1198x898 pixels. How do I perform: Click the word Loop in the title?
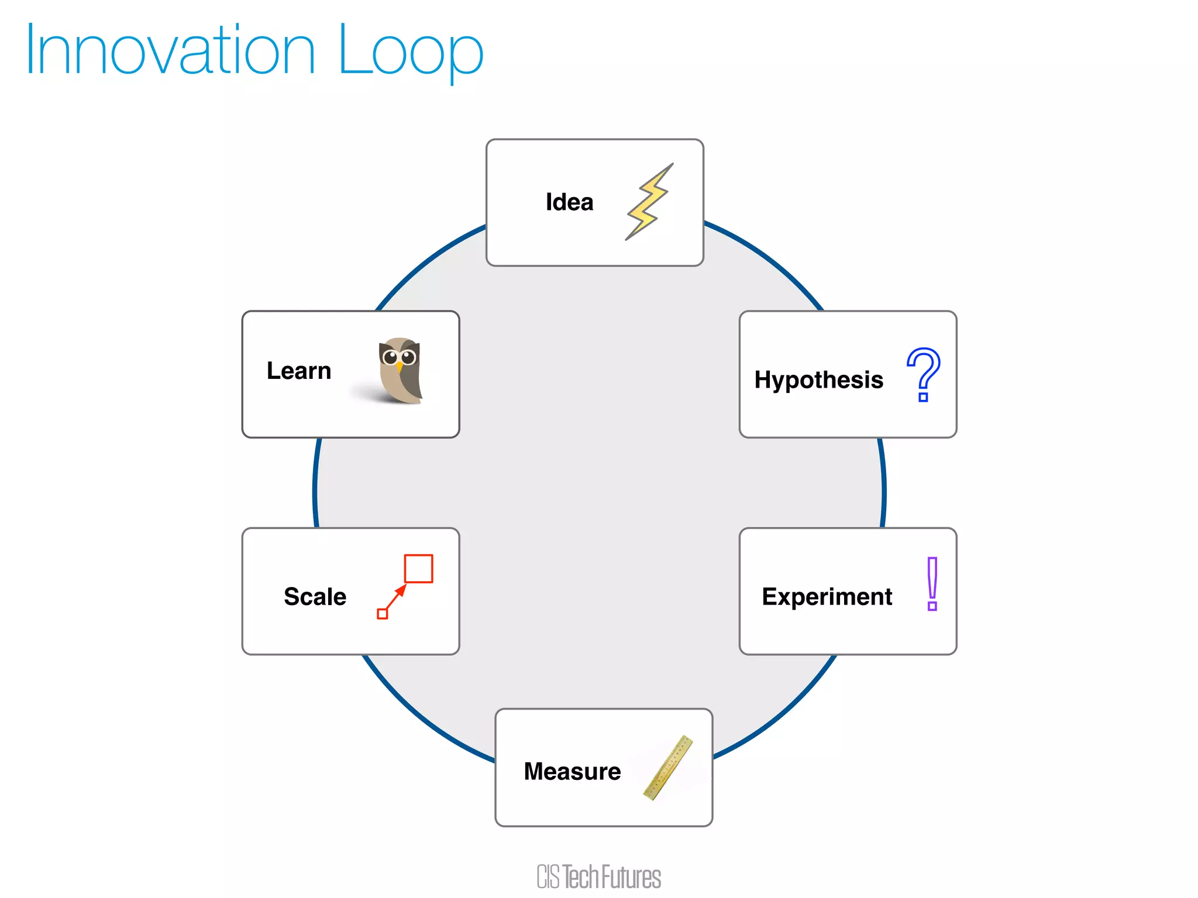[411, 51]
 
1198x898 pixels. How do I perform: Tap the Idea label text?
[569, 202]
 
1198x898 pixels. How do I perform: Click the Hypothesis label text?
[818, 380]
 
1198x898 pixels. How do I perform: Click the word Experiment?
[827, 597]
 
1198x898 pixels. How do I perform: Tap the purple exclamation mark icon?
[932, 583]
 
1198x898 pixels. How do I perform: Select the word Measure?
[572, 772]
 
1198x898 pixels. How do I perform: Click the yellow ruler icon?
[668, 768]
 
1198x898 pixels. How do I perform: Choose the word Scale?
[315, 597]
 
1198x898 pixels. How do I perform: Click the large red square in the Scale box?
[419, 569]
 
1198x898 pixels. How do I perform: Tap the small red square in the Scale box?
[383, 614]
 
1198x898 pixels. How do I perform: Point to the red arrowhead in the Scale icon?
[401, 590]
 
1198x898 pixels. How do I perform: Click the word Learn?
[299, 371]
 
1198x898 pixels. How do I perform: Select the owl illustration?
[400, 370]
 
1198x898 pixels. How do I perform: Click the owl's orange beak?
[400, 367]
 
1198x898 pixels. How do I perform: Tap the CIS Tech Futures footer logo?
[598, 877]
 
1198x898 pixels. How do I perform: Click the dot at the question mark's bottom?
[923, 398]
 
